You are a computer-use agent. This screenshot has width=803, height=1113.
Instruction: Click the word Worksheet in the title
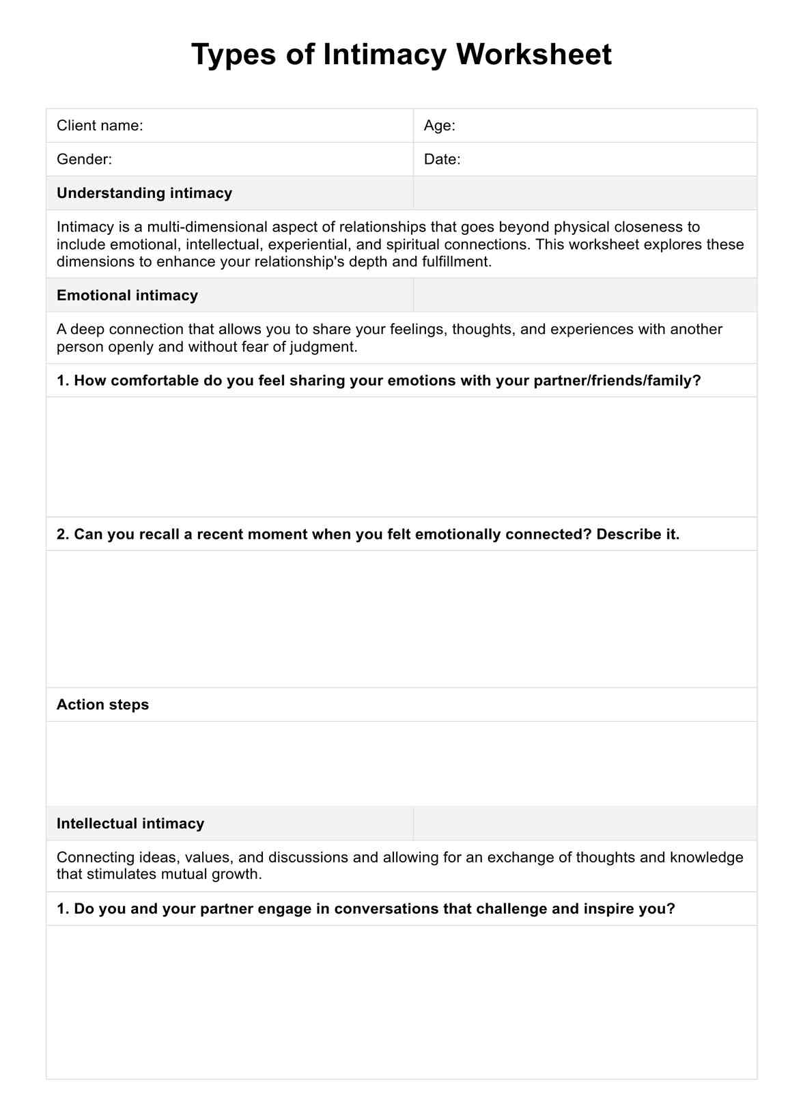(x=534, y=55)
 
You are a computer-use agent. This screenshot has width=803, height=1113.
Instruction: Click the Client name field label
(x=100, y=126)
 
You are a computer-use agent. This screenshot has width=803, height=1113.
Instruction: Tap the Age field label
(x=439, y=126)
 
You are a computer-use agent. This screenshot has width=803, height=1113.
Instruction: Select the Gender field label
(x=84, y=160)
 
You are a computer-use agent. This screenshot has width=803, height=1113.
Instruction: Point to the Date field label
(x=442, y=160)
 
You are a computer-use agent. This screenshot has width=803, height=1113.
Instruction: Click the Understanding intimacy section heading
(x=144, y=193)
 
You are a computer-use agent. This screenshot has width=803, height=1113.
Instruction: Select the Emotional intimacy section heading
(x=127, y=296)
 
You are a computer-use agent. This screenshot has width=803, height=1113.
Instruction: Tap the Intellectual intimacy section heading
(x=130, y=823)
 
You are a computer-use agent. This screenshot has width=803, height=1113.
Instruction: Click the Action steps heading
(x=102, y=705)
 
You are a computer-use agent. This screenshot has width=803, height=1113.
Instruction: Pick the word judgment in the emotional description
(x=323, y=347)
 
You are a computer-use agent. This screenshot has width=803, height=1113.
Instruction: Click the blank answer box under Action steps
(x=401, y=763)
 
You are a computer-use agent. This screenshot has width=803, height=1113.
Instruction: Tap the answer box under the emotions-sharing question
(x=401, y=457)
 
